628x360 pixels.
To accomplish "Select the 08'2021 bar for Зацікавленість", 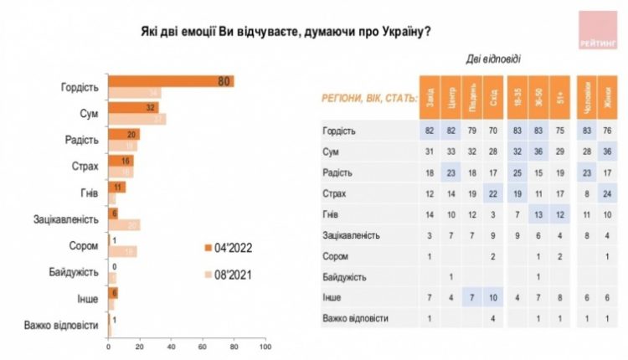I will [124, 225].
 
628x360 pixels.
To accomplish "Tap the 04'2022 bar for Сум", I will [132, 108].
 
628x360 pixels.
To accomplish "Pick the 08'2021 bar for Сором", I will [122, 251].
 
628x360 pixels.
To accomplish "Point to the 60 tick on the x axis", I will [202, 346].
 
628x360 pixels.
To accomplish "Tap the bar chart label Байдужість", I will [78, 272].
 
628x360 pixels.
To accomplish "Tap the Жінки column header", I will [606, 93].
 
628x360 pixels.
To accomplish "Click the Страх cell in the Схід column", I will [494, 194].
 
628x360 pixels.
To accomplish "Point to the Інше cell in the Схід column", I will [494, 296].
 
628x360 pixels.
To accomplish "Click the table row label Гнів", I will [332, 214].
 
